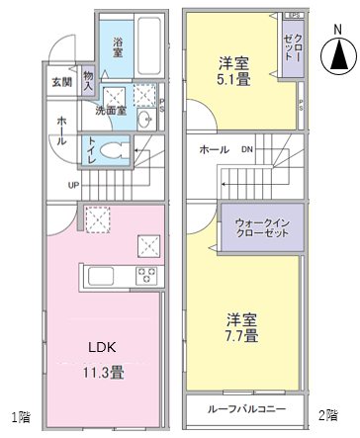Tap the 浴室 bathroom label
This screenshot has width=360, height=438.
tap(118, 46)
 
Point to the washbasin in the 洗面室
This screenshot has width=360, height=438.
tap(145, 121)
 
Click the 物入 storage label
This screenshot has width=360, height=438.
tap(89, 81)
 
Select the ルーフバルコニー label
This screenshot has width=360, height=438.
tap(246, 408)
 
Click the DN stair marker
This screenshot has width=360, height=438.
tap(247, 149)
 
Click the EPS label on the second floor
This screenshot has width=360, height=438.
tap(294, 16)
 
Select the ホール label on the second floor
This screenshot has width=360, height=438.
tap(215, 149)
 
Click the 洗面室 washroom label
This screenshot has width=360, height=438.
tap(110, 112)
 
